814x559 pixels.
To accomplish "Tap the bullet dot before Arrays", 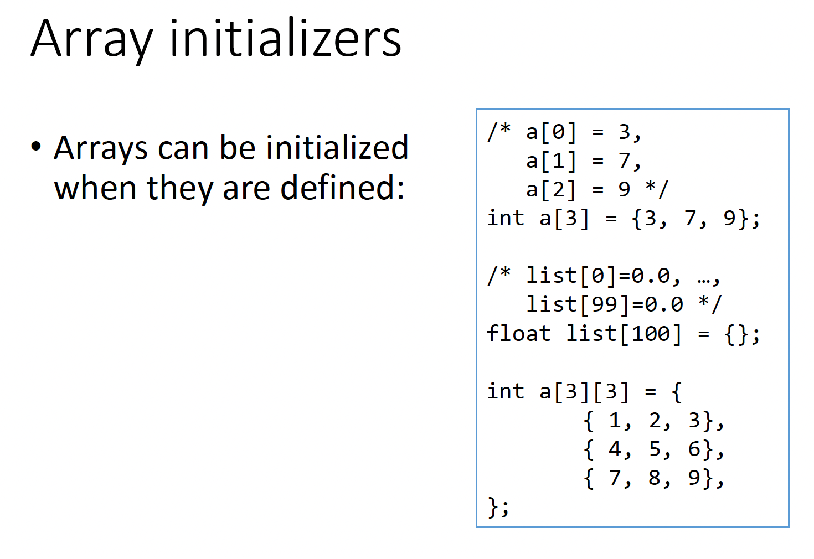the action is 37,147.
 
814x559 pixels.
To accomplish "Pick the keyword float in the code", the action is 518,334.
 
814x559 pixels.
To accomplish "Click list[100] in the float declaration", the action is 624,334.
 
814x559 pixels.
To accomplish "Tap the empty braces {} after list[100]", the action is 736,334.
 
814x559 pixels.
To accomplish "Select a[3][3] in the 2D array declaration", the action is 584,392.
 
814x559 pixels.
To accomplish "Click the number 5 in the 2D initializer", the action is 655,449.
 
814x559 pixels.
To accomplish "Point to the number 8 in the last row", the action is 655,478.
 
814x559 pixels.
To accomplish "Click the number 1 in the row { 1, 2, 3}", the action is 615,421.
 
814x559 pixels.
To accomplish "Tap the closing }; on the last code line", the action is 498,506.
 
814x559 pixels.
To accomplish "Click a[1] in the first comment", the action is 551,161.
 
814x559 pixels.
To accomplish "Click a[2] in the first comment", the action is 551,190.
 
